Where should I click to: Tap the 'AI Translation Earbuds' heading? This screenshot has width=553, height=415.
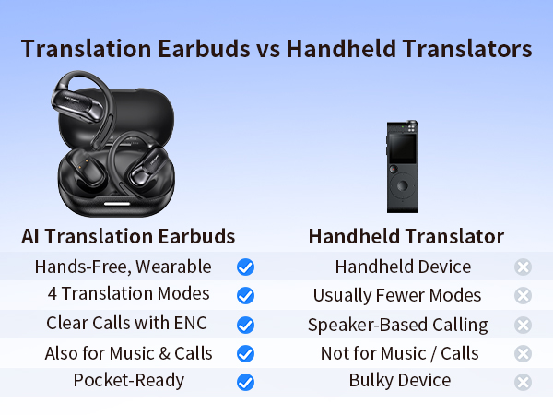click(128, 236)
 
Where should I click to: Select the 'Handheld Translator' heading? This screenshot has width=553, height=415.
click(406, 236)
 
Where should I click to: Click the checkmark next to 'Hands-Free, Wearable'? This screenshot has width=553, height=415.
click(245, 267)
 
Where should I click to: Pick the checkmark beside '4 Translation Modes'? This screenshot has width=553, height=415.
click(245, 296)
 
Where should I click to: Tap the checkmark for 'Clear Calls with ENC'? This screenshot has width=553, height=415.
click(245, 325)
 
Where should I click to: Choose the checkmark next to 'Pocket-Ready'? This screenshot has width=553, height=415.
click(245, 382)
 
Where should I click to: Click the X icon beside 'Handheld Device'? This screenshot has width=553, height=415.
click(523, 267)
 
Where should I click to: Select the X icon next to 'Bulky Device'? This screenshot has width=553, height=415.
click(523, 382)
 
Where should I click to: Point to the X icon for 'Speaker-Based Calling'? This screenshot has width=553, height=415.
click(523, 325)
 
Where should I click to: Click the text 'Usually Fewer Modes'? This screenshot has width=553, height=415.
click(397, 296)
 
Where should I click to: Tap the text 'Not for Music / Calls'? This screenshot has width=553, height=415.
click(399, 353)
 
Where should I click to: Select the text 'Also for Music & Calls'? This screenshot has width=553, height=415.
click(129, 353)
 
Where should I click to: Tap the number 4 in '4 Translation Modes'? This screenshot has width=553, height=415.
click(53, 295)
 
